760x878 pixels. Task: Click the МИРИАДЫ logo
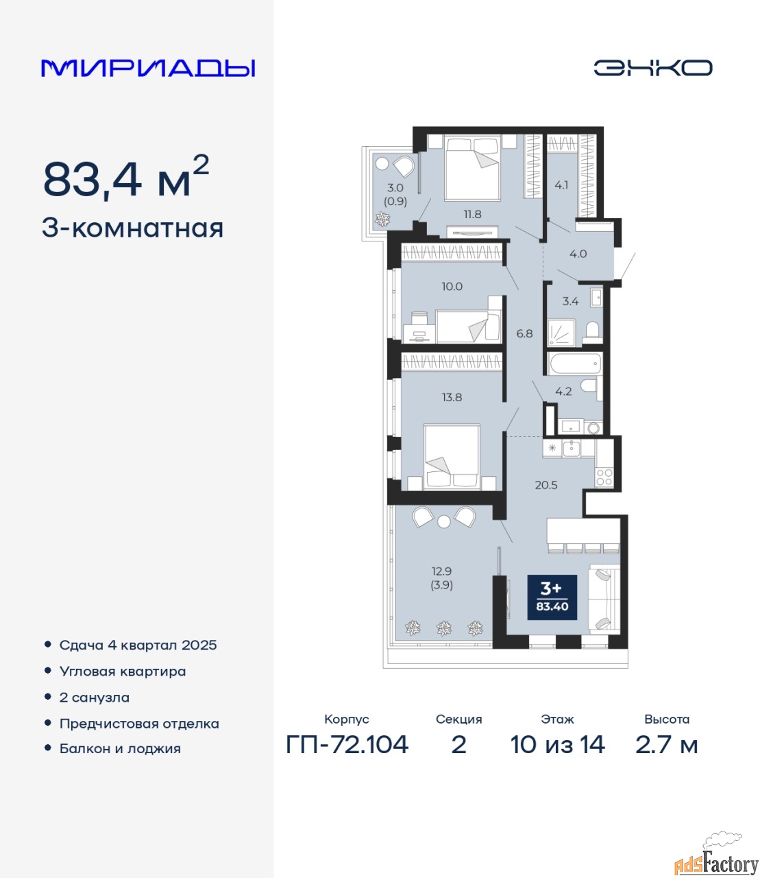point(148,68)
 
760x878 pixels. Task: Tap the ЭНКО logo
point(652,68)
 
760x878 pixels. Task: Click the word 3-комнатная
point(132,228)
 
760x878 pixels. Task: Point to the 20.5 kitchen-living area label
point(546,485)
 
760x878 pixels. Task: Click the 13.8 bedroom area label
point(452,397)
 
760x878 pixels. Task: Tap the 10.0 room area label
point(452,286)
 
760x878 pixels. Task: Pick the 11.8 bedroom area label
point(472,214)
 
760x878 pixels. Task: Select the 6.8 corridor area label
point(524,333)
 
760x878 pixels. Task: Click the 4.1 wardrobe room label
point(561,185)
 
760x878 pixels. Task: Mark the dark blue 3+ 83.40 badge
point(552,597)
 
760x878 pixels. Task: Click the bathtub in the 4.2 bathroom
point(574,364)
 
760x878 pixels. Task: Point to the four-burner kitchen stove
point(604,477)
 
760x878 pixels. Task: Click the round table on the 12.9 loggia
point(444,521)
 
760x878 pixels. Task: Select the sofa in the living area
point(604,600)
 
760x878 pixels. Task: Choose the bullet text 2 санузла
point(94,698)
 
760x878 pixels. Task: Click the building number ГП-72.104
point(347,745)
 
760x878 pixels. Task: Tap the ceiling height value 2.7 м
point(666,745)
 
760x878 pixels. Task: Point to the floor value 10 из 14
point(558,745)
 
